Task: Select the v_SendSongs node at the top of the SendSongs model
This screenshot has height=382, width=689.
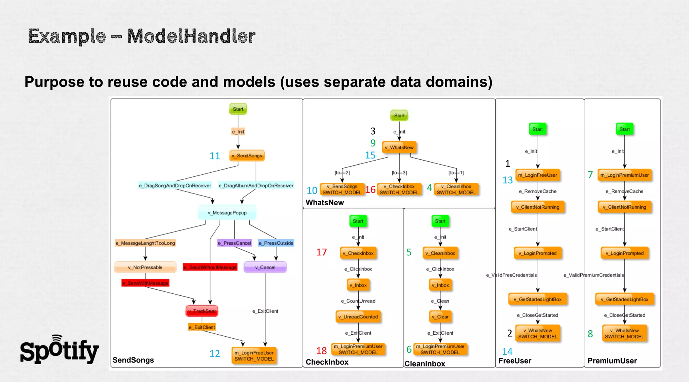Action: (x=247, y=156)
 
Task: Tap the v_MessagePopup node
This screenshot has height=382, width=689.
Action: (x=227, y=213)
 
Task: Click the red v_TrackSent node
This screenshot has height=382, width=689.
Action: (x=202, y=311)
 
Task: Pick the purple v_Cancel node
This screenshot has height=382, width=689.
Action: (x=265, y=267)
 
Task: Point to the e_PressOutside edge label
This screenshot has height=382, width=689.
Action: (x=276, y=243)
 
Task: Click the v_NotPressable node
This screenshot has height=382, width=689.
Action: (x=145, y=267)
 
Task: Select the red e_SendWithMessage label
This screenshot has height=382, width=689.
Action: (x=145, y=283)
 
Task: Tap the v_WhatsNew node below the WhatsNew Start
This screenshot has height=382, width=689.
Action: (x=399, y=147)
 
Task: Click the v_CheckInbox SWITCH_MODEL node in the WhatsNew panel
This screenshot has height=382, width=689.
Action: (x=399, y=189)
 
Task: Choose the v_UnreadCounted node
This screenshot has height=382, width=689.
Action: (x=358, y=317)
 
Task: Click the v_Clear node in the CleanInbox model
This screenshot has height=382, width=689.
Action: (x=440, y=317)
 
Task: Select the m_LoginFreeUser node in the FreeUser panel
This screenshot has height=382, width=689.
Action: (x=538, y=175)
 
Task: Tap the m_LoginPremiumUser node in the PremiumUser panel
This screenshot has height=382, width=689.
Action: (x=624, y=175)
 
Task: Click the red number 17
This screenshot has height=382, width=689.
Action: (x=321, y=252)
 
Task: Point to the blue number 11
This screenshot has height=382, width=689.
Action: (x=215, y=156)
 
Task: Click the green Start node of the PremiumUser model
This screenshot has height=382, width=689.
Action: (x=624, y=129)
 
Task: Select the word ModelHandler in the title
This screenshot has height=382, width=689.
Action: (x=191, y=36)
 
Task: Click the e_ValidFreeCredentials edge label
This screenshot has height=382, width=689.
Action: (x=511, y=275)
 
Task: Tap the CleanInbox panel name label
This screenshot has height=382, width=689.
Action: (x=425, y=364)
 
